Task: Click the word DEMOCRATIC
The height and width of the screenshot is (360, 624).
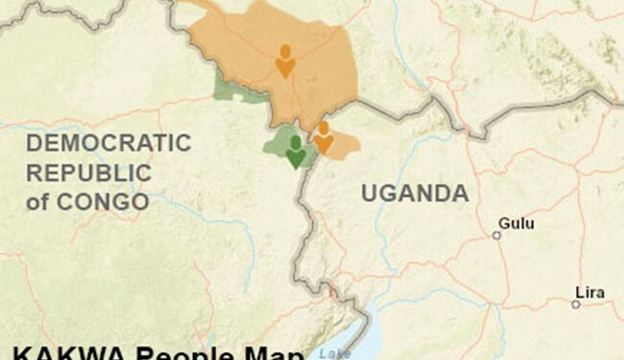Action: click(x=108, y=144)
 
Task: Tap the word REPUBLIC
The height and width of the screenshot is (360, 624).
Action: click(x=88, y=173)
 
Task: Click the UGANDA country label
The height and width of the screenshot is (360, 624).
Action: click(x=415, y=193)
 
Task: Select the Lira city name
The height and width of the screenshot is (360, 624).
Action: click(x=590, y=292)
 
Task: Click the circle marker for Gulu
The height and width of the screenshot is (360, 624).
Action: click(x=496, y=235)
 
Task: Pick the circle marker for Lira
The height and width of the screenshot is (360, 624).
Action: click(x=575, y=304)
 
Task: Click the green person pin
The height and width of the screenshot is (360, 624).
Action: click(x=296, y=151)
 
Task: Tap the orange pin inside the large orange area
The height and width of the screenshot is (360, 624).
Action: click(x=285, y=60)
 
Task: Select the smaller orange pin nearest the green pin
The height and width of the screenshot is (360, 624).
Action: click(x=324, y=136)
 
